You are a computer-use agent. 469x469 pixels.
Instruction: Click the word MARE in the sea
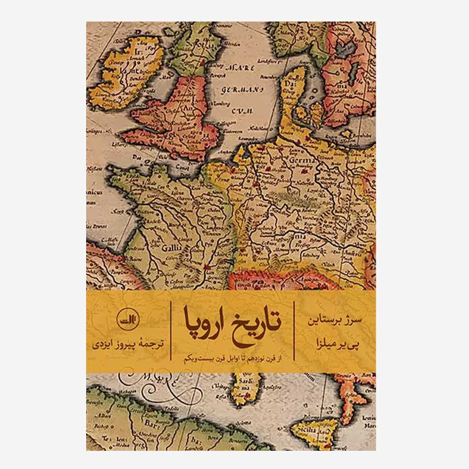coord(237,67)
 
